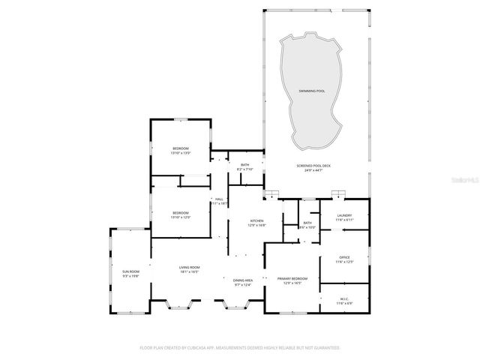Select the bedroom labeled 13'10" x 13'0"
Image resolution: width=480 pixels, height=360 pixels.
click(x=181, y=148)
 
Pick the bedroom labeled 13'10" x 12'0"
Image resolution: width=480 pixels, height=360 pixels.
click(x=181, y=213)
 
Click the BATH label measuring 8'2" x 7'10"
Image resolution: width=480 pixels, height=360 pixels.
click(x=245, y=165)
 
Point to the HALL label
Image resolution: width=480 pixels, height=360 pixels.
click(x=219, y=199)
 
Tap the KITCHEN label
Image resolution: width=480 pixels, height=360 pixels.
click(x=256, y=221)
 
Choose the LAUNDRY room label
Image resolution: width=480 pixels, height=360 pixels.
click(x=344, y=216)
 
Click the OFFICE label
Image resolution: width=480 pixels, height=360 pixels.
click(x=344, y=257)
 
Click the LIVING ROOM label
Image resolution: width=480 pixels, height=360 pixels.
click(x=189, y=268)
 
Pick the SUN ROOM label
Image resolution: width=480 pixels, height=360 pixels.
click(x=130, y=271)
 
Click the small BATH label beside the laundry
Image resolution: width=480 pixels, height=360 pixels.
click(x=307, y=223)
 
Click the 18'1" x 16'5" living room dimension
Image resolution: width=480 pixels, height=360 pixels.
click(x=189, y=272)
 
